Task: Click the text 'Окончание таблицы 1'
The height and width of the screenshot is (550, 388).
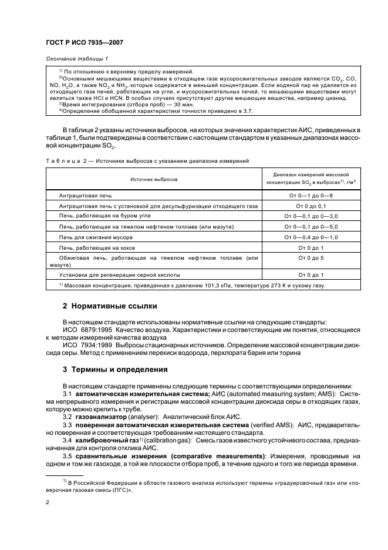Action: [75, 58]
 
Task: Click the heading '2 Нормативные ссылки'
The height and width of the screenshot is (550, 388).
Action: [110, 307]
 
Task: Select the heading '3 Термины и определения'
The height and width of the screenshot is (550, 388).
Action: [114, 370]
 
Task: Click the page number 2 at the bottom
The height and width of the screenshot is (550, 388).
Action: [48, 503]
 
